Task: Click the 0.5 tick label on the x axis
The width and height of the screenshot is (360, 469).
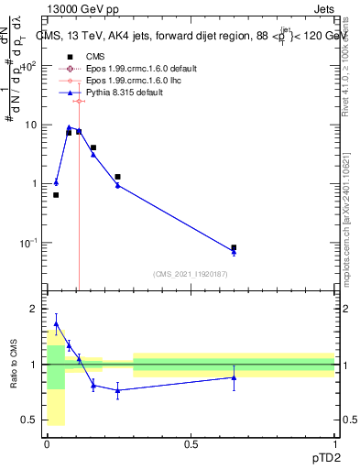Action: [x=191, y=443]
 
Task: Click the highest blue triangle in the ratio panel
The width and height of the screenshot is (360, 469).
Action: [x=56, y=323]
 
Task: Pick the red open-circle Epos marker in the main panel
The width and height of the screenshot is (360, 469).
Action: [x=79, y=102]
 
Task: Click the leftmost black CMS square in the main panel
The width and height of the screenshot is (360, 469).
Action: [x=56, y=195]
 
